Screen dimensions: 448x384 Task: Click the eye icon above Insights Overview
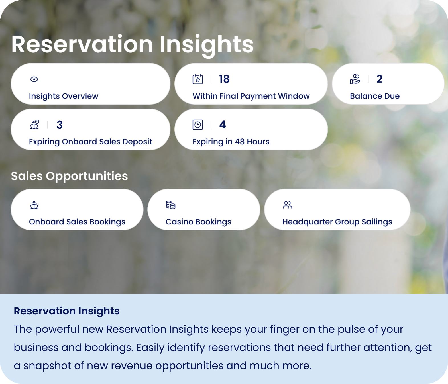(34, 79)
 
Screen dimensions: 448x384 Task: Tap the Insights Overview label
(64, 96)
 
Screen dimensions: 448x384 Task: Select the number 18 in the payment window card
(224, 79)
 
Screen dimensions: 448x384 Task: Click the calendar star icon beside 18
(198, 79)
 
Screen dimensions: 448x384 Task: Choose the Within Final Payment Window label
(251, 96)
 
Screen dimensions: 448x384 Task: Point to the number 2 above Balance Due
(379, 79)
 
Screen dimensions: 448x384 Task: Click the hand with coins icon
(355, 79)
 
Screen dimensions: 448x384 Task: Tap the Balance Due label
(375, 96)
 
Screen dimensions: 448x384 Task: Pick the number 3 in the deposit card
(60, 125)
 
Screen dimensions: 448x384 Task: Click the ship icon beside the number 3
(34, 124)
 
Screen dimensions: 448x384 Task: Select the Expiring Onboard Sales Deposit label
(91, 142)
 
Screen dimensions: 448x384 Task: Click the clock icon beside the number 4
(198, 125)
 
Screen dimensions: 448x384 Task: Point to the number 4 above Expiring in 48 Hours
(223, 125)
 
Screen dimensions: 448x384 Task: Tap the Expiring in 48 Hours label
(231, 142)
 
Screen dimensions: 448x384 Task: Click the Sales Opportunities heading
(69, 176)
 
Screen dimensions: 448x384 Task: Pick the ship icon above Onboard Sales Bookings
(34, 205)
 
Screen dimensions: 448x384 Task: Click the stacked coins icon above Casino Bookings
(171, 205)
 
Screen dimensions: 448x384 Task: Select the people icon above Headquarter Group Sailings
(287, 205)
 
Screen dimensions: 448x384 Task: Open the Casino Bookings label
(198, 222)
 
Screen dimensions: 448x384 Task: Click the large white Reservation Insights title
(133, 45)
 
